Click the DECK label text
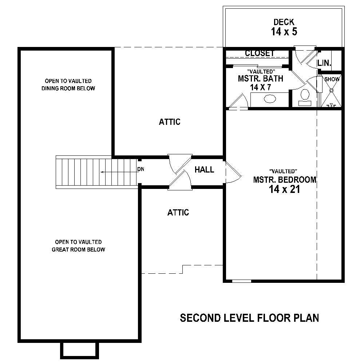click(x=284, y=22)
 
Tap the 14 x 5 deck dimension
click(x=284, y=32)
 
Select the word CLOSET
click(x=260, y=54)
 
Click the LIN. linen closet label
click(x=324, y=63)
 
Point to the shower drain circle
click(x=332, y=90)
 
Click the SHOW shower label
click(x=332, y=79)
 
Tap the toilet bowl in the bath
click(x=304, y=95)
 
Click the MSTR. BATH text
click(x=260, y=78)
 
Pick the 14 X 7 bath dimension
click(x=260, y=87)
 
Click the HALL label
click(x=204, y=170)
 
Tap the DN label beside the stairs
click(x=141, y=170)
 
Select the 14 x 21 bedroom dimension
click(x=284, y=189)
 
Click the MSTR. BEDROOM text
click(x=284, y=180)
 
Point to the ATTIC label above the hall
click(x=169, y=122)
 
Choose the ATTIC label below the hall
click(x=178, y=213)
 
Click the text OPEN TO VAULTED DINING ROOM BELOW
click(x=68, y=84)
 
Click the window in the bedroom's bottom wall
click(x=242, y=281)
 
